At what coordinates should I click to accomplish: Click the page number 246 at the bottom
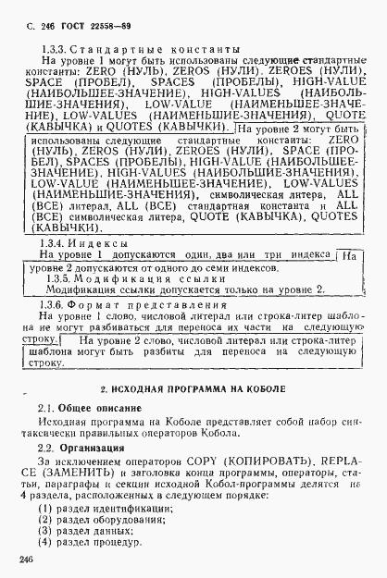[25, 558]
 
